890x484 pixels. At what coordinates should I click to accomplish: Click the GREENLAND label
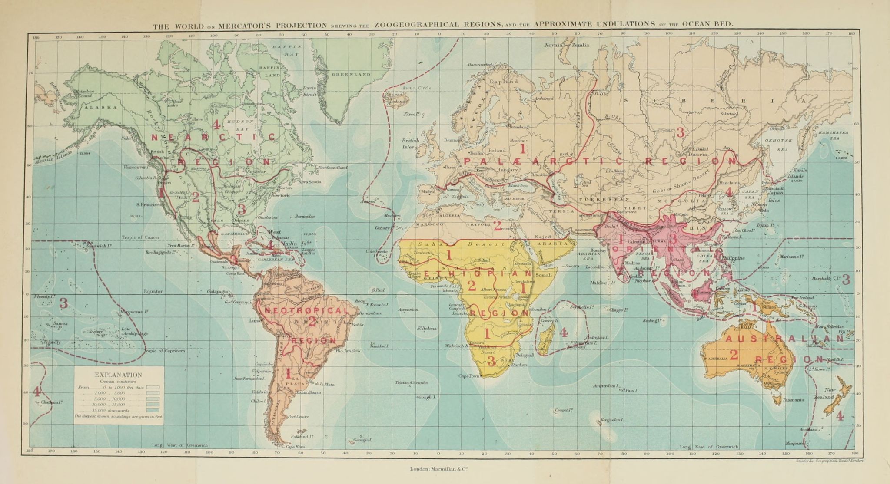pos(351,75)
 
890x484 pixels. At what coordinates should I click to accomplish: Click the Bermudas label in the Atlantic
pos(305,216)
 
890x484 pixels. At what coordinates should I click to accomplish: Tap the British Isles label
pos(410,143)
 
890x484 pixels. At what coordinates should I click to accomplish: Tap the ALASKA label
pos(101,107)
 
